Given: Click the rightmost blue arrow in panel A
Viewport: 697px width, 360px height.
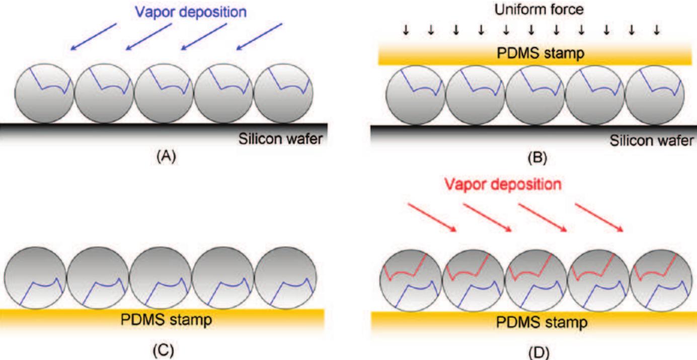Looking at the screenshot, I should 259,37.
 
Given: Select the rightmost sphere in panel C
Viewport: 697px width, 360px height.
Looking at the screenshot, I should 286,277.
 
